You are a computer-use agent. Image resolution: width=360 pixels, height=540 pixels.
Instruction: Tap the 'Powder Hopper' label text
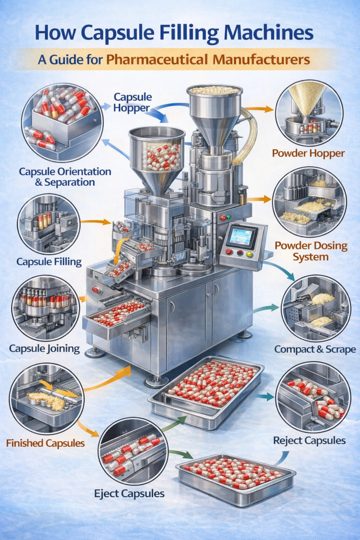(x=308, y=153)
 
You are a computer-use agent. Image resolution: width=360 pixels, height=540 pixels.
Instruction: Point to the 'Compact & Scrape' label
(x=315, y=349)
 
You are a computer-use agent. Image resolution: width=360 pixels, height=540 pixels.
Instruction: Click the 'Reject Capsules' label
(x=309, y=440)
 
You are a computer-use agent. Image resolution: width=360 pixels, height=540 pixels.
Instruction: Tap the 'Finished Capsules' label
(x=45, y=443)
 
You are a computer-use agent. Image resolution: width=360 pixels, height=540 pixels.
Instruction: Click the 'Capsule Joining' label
(x=45, y=348)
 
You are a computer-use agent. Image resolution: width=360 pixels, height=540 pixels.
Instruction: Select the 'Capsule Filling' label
(x=48, y=262)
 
